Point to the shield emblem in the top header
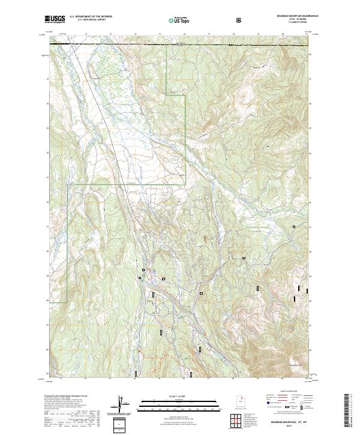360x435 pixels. pos(240,20)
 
